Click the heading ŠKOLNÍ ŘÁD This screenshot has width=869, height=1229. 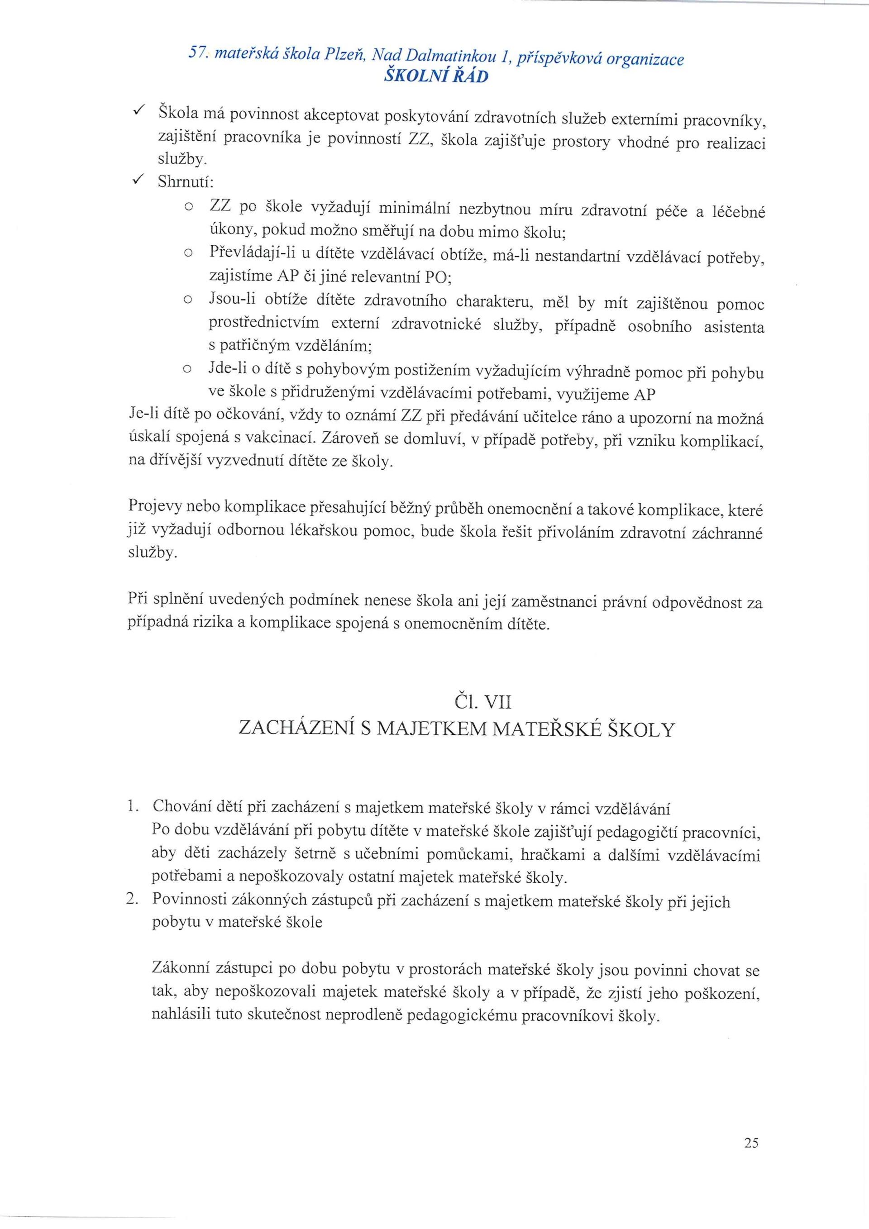pyautogui.click(x=436, y=77)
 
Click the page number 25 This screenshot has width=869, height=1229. pyautogui.click(x=751, y=1139)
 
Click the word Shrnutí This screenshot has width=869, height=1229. pyautogui.click(x=185, y=182)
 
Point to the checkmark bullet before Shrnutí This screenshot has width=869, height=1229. pyautogui.click(x=137, y=181)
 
